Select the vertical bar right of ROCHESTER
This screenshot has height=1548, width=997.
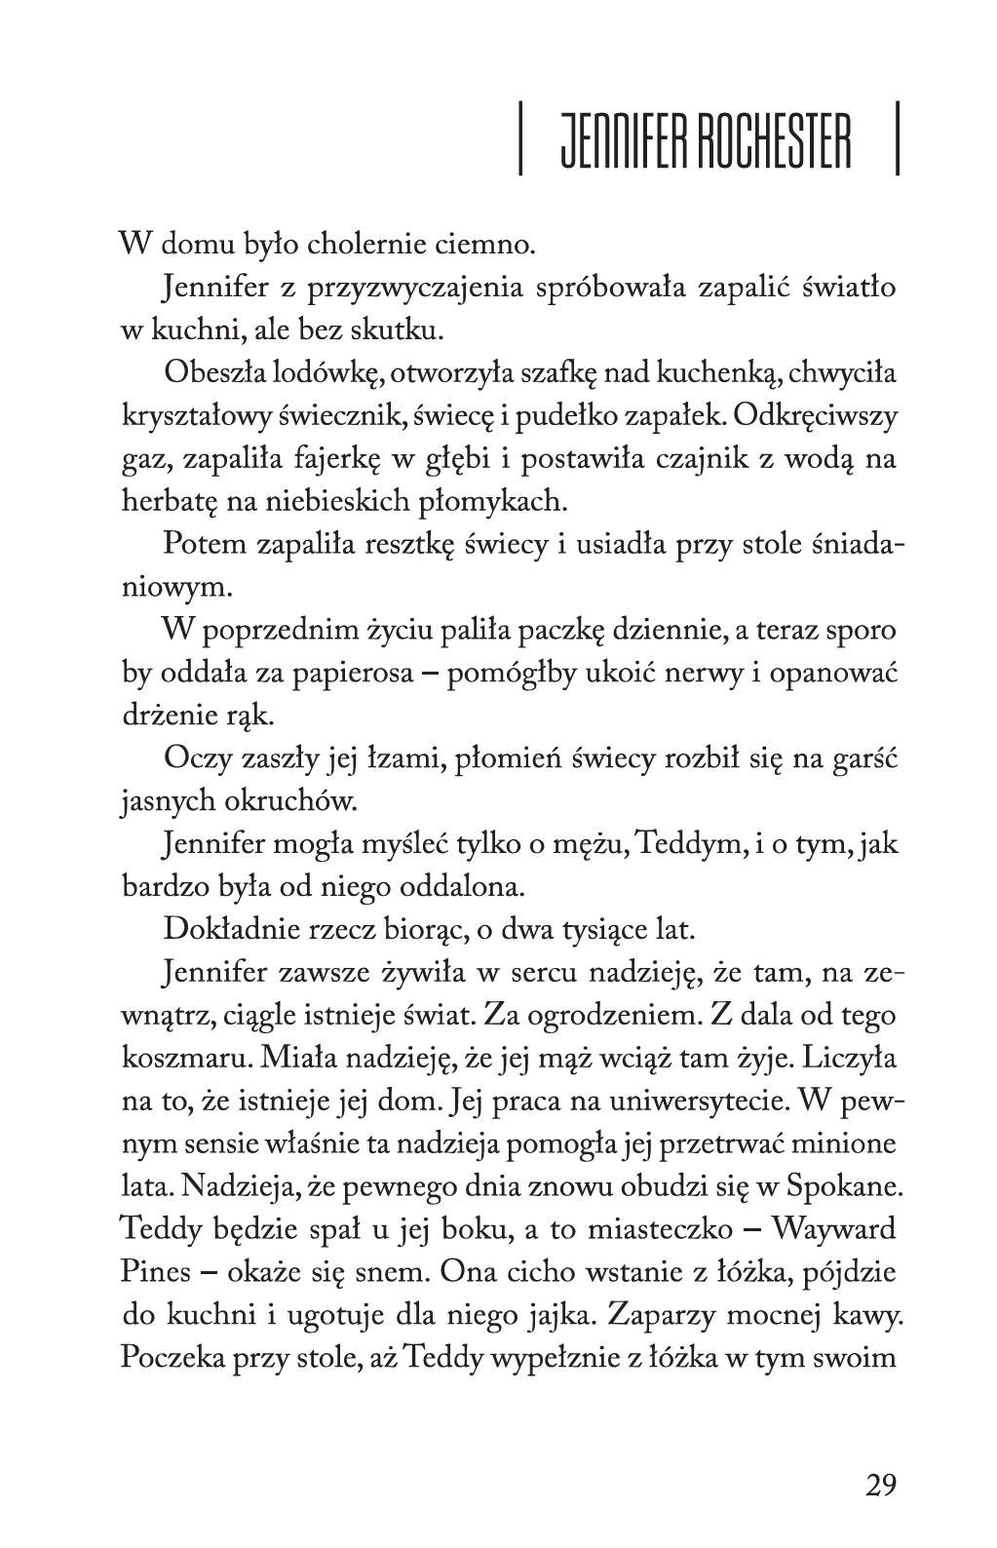896,142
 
